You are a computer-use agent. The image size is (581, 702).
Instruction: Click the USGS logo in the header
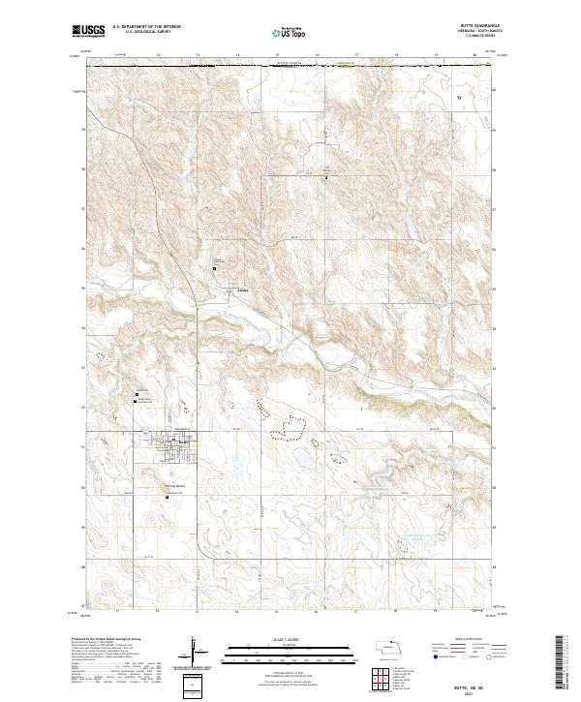[87, 32]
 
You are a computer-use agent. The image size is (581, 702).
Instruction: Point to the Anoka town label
[231, 290]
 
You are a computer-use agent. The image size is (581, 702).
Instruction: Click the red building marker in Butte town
[173, 443]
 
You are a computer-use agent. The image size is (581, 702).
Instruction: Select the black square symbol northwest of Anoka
[214, 267]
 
